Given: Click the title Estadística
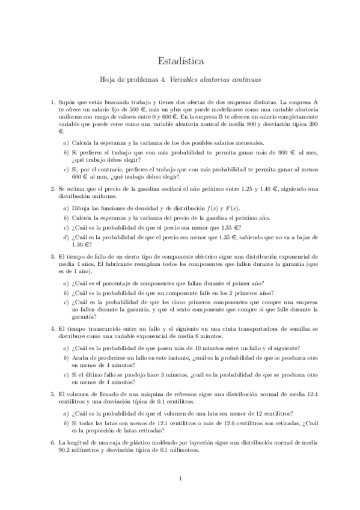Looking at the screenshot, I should (x=180, y=61).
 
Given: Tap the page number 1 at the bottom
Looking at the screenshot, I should (x=180, y=479).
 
